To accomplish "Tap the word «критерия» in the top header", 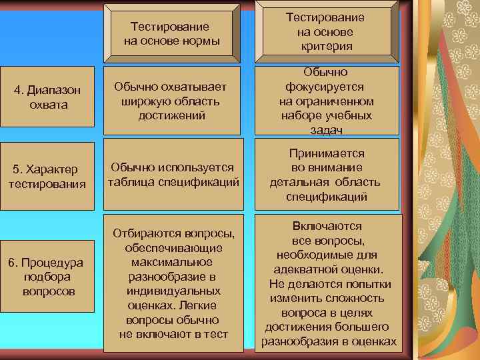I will tap(326, 46).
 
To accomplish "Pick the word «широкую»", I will tap(146, 101).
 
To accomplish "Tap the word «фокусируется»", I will tap(326, 87).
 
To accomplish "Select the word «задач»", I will tap(326, 131).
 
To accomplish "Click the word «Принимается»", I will tap(326, 153).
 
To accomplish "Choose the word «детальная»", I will tap(298, 182).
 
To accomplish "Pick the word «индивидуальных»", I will tap(173, 291).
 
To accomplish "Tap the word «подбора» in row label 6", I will tap(48, 277).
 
